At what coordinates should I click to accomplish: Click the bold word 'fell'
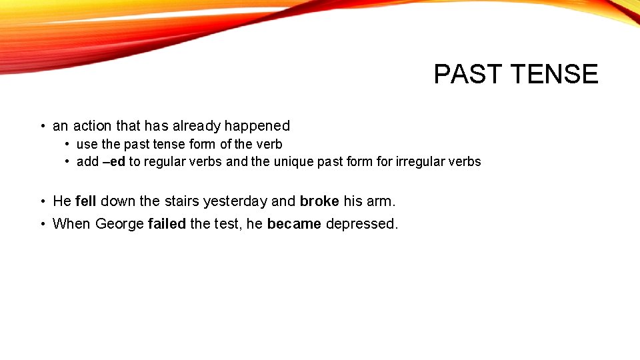click(86, 201)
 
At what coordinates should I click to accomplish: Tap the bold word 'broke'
click(319, 201)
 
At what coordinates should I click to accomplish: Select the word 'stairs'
click(181, 201)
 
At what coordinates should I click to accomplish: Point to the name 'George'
click(119, 224)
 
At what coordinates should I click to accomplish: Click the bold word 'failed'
click(167, 224)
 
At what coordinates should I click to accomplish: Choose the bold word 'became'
click(294, 224)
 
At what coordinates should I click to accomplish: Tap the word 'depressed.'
click(362, 224)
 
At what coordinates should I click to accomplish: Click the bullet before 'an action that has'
click(42, 127)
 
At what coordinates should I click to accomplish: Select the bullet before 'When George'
click(42, 224)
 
